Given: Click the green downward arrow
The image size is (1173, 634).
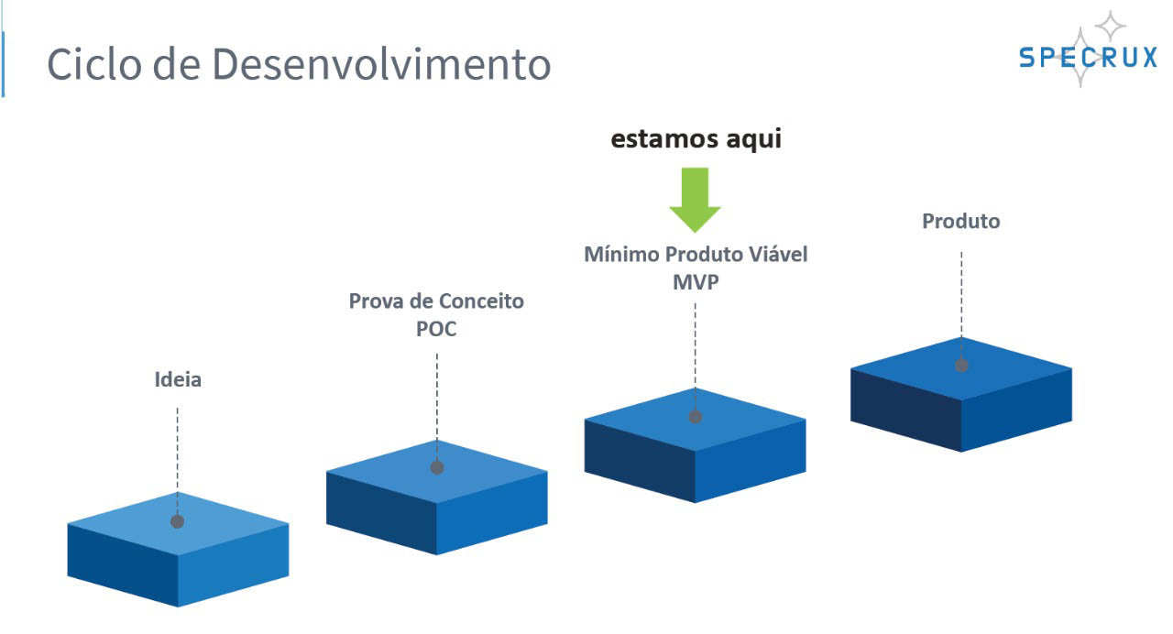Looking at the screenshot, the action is click(695, 200).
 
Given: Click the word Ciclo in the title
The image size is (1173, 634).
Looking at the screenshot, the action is click(94, 64).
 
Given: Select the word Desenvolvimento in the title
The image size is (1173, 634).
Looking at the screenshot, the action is click(381, 64).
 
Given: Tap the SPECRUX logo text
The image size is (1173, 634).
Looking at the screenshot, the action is click(1088, 57).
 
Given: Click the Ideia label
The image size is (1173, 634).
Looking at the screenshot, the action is click(178, 379).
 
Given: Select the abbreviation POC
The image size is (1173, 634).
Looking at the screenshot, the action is click(436, 329).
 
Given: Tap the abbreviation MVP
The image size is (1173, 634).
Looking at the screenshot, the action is click(696, 283).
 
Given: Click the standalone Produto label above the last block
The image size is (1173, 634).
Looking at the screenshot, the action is click(961, 222).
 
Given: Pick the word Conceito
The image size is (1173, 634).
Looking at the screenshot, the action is click(481, 301).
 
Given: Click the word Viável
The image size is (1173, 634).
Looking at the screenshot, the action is click(778, 255).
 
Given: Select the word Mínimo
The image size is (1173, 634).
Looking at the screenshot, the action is click(621, 255).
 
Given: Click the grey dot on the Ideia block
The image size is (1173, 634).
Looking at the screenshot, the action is click(178, 521).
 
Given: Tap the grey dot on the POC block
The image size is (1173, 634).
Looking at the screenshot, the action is click(437, 467).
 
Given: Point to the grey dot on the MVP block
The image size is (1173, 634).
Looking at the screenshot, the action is click(696, 417).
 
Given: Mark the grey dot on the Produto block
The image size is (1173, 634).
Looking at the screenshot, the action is click(961, 366).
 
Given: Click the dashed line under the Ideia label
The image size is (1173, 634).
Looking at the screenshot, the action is click(178, 461).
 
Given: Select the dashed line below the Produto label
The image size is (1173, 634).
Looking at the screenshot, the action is click(961, 305).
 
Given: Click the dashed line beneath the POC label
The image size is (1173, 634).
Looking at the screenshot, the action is click(437, 408).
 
